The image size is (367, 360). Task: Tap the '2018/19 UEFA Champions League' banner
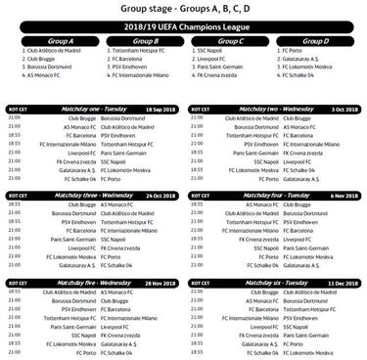pos(183,28)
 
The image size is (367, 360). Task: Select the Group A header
pos(51,40)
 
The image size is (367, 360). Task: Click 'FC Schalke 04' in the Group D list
pos(305,74)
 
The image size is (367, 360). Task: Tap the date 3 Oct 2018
pos(344,110)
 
